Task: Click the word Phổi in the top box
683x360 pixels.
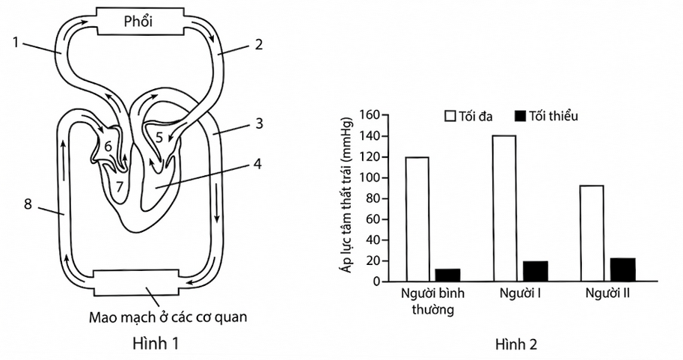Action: click(x=138, y=22)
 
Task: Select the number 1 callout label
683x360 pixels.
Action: click(x=16, y=43)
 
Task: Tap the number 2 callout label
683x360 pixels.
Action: click(x=259, y=44)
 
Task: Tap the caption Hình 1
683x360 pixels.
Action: click(x=156, y=343)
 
